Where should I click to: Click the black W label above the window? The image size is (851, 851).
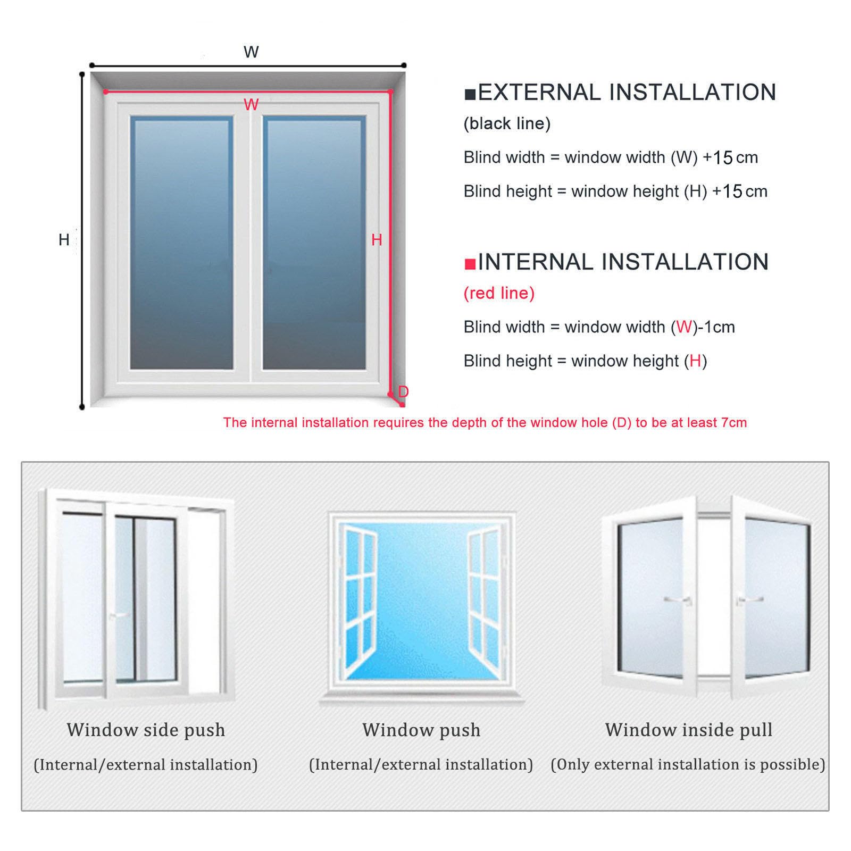(251, 52)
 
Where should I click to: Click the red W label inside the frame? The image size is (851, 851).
(251, 105)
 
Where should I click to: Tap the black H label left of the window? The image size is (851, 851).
(64, 240)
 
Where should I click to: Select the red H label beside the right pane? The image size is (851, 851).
(377, 240)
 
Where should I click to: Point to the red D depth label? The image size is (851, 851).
(403, 391)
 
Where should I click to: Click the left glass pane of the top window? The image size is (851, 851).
(181, 243)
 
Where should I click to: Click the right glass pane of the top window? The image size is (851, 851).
(314, 243)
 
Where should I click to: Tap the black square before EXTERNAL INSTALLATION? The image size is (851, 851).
(470, 95)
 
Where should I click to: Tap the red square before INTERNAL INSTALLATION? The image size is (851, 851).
(470, 264)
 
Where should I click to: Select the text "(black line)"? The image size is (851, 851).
(507, 124)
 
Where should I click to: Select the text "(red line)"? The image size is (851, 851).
(499, 293)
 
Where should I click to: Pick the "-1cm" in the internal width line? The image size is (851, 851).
(716, 327)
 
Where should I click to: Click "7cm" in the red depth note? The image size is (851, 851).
(735, 423)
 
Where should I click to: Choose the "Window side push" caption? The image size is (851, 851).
(146, 730)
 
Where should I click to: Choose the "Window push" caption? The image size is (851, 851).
(421, 730)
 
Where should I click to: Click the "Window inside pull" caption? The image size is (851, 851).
(689, 730)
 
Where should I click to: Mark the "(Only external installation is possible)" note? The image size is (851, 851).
(688, 764)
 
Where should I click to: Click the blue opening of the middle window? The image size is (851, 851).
(421, 601)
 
